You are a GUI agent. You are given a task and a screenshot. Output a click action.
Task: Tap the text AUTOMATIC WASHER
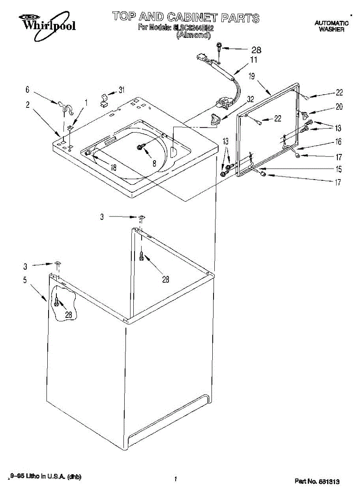(331, 26)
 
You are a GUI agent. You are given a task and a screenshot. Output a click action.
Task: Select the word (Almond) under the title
(193, 35)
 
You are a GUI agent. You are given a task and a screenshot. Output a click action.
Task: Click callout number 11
(254, 60)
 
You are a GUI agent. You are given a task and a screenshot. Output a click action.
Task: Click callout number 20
(339, 107)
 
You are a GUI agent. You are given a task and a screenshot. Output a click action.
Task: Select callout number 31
(121, 90)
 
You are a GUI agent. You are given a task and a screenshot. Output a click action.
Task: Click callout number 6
(28, 89)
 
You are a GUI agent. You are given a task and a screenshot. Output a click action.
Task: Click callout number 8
(154, 163)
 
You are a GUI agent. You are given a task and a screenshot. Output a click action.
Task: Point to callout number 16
(338, 142)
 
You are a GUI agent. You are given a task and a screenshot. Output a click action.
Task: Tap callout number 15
(338, 169)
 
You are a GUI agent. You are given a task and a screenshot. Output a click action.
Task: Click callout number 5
(25, 280)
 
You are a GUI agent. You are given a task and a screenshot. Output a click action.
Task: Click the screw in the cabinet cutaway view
(56, 304)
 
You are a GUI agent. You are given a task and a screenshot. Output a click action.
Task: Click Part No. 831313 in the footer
(317, 481)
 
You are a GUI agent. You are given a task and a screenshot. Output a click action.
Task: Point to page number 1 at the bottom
(176, 479)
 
